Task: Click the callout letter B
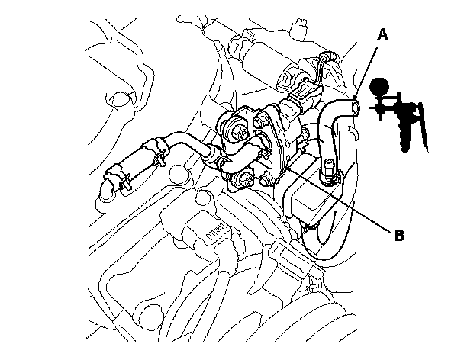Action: (x=398, y=236)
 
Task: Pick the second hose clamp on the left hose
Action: (x=159, y=156)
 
